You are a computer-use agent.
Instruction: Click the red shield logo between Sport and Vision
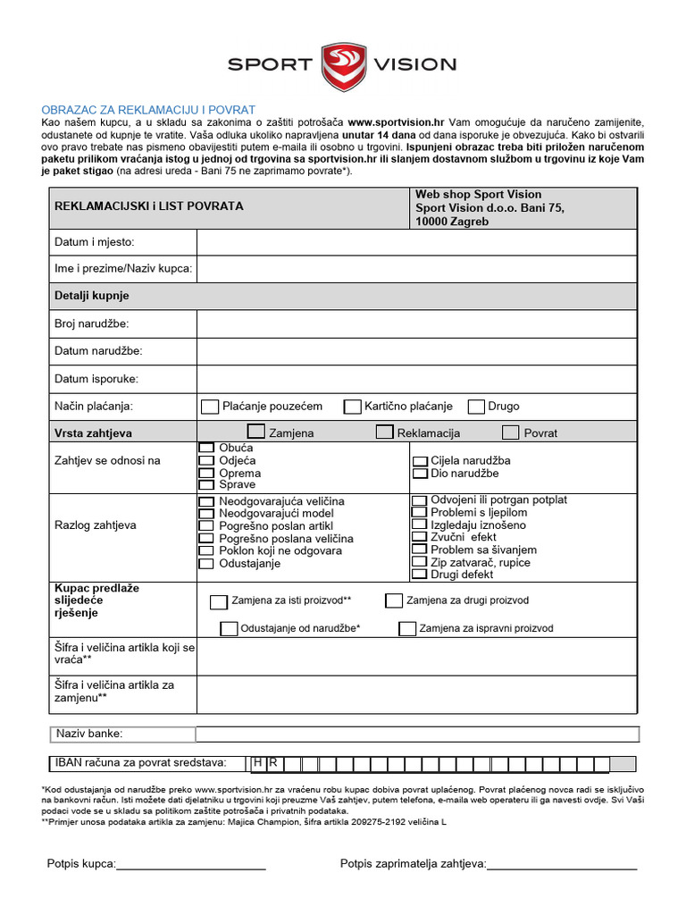coord(343,64)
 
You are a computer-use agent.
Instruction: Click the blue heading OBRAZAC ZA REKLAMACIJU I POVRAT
coord(148,109)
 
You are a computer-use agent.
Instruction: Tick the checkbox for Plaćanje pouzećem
coord(210,407)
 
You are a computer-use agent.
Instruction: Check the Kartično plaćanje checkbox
coord(352,407)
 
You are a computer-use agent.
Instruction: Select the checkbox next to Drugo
coord(476,407)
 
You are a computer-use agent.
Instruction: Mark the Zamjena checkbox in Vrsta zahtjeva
coord(256,432)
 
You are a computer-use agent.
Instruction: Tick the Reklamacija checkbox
coord(384,432)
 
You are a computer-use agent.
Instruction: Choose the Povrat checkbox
coord(510,432)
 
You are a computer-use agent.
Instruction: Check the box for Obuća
coord(206,447)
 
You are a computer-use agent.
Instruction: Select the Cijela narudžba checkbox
coord(420,461)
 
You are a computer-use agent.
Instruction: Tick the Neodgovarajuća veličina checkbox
coord(206,502)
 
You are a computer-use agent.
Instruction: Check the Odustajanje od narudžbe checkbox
coord(229,628)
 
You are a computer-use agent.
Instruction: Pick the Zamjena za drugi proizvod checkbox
coord(394,600)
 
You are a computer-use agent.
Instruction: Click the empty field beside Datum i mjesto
coord(416,242)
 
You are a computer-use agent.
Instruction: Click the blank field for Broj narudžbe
coord(416,323)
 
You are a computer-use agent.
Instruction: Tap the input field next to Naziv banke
coord(416,735)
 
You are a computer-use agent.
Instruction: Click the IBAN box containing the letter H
coord(258,763)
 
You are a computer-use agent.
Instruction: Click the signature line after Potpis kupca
coord(191,865)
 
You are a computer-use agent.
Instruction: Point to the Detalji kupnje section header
coord(92,296)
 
